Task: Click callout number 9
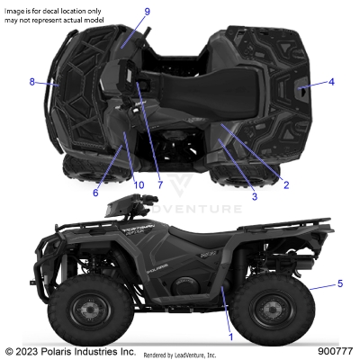pos(147,12)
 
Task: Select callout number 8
pos(32,82)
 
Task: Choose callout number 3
pos(255,195)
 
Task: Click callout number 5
pos(340,284)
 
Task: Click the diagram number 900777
pos(335,351)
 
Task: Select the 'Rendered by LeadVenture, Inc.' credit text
pos(185,354)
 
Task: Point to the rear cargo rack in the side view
pos(288,241)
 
